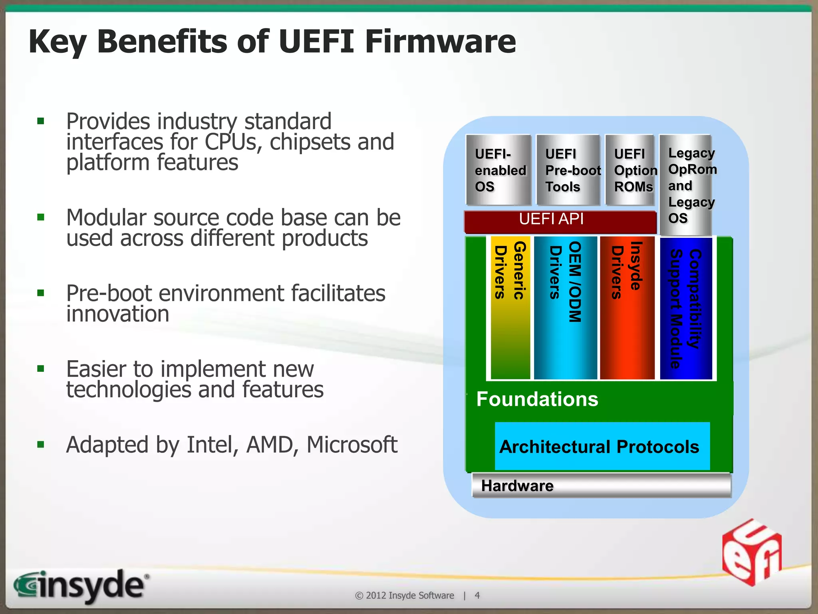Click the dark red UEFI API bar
[x=560, y=221]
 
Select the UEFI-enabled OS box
[x=498, y=170]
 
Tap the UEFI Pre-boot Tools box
[x=568, y=170]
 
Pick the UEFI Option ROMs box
[x=630, y=170]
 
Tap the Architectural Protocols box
[x=602, y=446]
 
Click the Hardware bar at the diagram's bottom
[x=601, y=485]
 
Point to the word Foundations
[x=537, y=399]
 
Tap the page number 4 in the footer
[x=477, y=596]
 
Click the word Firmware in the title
[x=440, y=42]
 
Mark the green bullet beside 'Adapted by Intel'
[x=40, y=445]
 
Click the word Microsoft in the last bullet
[x=351, y=445]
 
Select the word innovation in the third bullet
[x=118, y=314]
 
